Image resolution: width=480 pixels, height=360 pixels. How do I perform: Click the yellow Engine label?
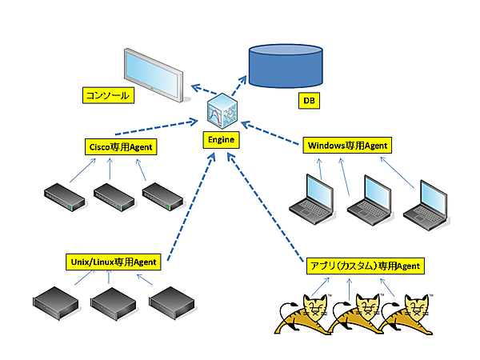(220, 139)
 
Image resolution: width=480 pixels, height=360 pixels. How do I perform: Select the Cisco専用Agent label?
(119, 146)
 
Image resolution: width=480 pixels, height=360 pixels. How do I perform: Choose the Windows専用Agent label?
(346, 146)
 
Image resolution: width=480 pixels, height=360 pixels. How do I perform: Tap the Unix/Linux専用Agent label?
(114, 261)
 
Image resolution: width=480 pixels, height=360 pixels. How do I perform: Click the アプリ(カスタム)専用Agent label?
(364, 265)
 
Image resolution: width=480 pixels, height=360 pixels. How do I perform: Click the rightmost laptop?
(425, 203)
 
